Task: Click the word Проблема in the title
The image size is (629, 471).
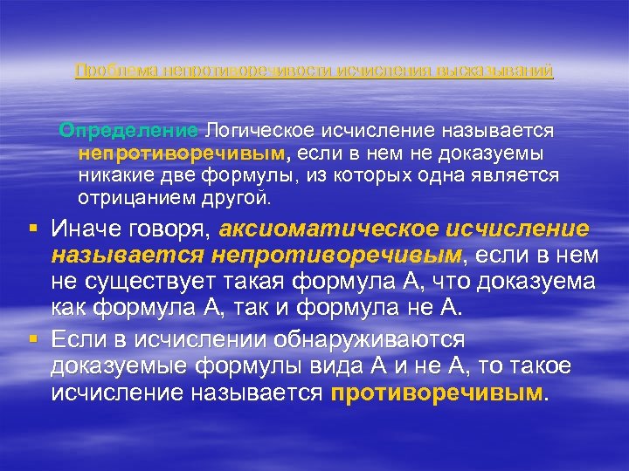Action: [x=106, y=71]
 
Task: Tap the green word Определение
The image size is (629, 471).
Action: [x=128, y=131]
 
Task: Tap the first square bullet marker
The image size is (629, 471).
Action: [x=32, y=229]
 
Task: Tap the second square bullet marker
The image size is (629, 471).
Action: [x=32, y=338]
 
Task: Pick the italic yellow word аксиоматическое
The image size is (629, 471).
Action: [x=330, y=229]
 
